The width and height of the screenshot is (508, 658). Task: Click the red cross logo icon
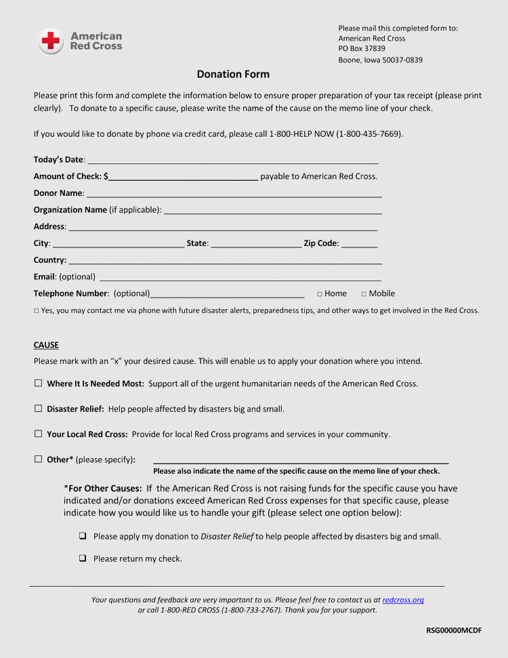(51, 41)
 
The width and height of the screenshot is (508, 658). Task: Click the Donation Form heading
(233, 75)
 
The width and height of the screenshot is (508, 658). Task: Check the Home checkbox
(320, 294)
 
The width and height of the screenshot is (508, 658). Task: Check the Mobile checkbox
(364, 294)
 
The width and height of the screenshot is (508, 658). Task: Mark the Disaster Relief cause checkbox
(39, 409)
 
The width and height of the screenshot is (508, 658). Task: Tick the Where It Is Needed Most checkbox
(39, 384)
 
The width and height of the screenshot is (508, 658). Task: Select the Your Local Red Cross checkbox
(39, 434)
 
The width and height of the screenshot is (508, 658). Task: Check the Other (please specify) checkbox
(39, 459)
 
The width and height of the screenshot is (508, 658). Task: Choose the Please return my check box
(83, 558)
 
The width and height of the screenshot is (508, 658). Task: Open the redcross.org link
(403, 600)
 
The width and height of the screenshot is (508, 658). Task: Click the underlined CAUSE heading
(46, 345)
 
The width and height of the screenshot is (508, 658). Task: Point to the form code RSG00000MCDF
(454, 630)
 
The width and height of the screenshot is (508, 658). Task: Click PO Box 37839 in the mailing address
(362, 49)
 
